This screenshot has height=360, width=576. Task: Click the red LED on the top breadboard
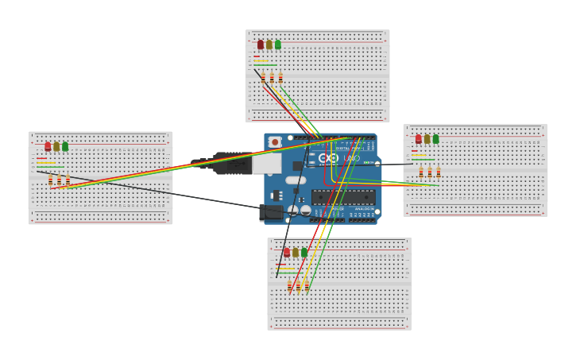pyautogui.click(x=261, y=45)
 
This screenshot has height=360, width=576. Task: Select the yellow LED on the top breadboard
pyautogui.click(x=269, y=45)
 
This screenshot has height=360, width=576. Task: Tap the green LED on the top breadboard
pyautogui.click(x=277, y=45)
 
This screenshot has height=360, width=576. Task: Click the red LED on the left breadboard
pyautogui.click(x=48, y=146)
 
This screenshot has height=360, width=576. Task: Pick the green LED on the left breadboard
pyautogui.click(x=65, y=146)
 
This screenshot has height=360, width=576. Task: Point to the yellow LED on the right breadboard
pyautogui.click(x=427, y=139)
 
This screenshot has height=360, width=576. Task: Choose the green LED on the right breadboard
pyautogui.click(x=435, y=139)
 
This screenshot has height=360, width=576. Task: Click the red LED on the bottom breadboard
pyautogui.click(x=288, y=252)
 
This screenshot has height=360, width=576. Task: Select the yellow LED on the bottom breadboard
pyautogui.click(x=296, y=252)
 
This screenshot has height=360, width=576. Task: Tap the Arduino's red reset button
pyautogui.click(x=275, y=142)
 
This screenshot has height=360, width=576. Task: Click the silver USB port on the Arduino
pyautogui.click(x=266, y=162)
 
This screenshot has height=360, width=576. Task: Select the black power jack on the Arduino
pyautogui.click(x=272, y=211)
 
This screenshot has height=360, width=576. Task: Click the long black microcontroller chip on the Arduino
pyautogui.click(x=342, y=197)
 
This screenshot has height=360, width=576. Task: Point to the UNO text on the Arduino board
pyautogui.click(x=351, y=159)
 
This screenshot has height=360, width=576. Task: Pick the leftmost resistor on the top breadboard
pyautogui.click(x=264, y=78)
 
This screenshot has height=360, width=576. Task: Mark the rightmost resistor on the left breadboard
pyautogui.click(x=68, y=180)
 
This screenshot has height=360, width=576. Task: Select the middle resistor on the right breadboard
pyautogui.click(x=430, y=172)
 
